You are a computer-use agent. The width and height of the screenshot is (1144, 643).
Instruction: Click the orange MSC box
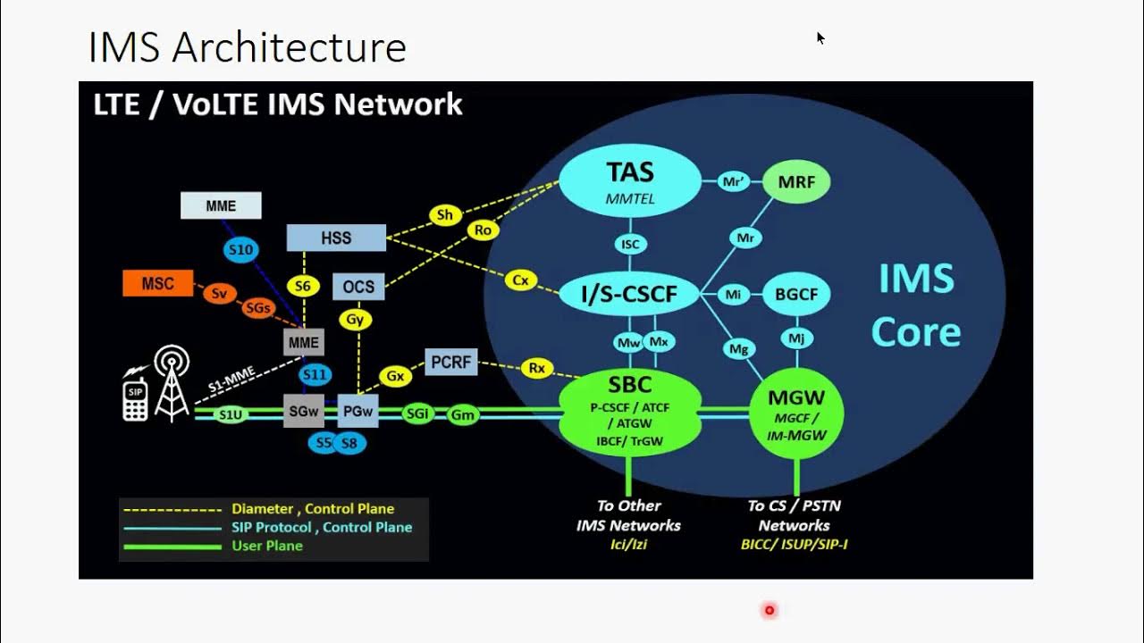(158, 284)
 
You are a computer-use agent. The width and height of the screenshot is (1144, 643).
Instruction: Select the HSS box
(336, 238)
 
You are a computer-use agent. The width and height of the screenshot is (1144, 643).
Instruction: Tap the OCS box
(358, 287)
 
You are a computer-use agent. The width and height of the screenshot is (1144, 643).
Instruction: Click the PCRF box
(451, 362)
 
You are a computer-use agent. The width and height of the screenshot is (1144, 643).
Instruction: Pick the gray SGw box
(304, 411)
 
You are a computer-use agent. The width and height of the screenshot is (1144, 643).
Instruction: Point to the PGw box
(358, 411)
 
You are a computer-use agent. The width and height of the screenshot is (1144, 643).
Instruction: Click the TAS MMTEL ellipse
(630, 180)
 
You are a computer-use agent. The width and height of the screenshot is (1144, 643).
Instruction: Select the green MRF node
(795, 182)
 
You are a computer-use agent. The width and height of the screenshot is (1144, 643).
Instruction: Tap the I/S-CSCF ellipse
(630, 294)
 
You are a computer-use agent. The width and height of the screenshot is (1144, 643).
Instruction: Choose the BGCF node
(796, 294)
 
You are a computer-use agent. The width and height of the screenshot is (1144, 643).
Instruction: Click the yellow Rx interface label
(536, 367)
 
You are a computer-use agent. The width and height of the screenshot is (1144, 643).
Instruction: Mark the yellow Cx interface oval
(520, 280)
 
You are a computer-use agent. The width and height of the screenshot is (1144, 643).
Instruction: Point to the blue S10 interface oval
(241, 250)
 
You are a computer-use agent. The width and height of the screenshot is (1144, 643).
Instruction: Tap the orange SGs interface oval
(257, 308)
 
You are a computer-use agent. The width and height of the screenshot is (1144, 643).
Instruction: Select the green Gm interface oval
(463, 414)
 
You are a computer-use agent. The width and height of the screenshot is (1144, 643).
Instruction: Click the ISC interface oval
(630, 244)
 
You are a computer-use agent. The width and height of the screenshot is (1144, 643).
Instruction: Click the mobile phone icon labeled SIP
(135, 398)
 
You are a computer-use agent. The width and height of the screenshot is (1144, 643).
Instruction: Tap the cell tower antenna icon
(172, 384)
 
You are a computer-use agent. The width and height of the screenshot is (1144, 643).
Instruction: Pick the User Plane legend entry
(266, 546)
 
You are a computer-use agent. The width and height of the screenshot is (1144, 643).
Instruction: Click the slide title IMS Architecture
(248, 47)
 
